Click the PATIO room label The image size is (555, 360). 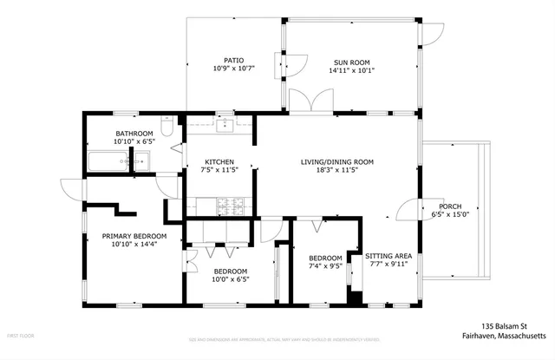(x=232, y=61)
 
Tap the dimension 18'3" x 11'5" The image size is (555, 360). (x=336, y=171)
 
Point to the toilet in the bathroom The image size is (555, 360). (x=141, y=160)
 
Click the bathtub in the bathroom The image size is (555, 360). (x=107, y=161)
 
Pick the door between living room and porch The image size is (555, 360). (x=408, y=210)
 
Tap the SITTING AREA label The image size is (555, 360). (x=388, y=256)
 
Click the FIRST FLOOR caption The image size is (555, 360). (x=20, y=335)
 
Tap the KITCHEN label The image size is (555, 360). (x=219, y=161)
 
